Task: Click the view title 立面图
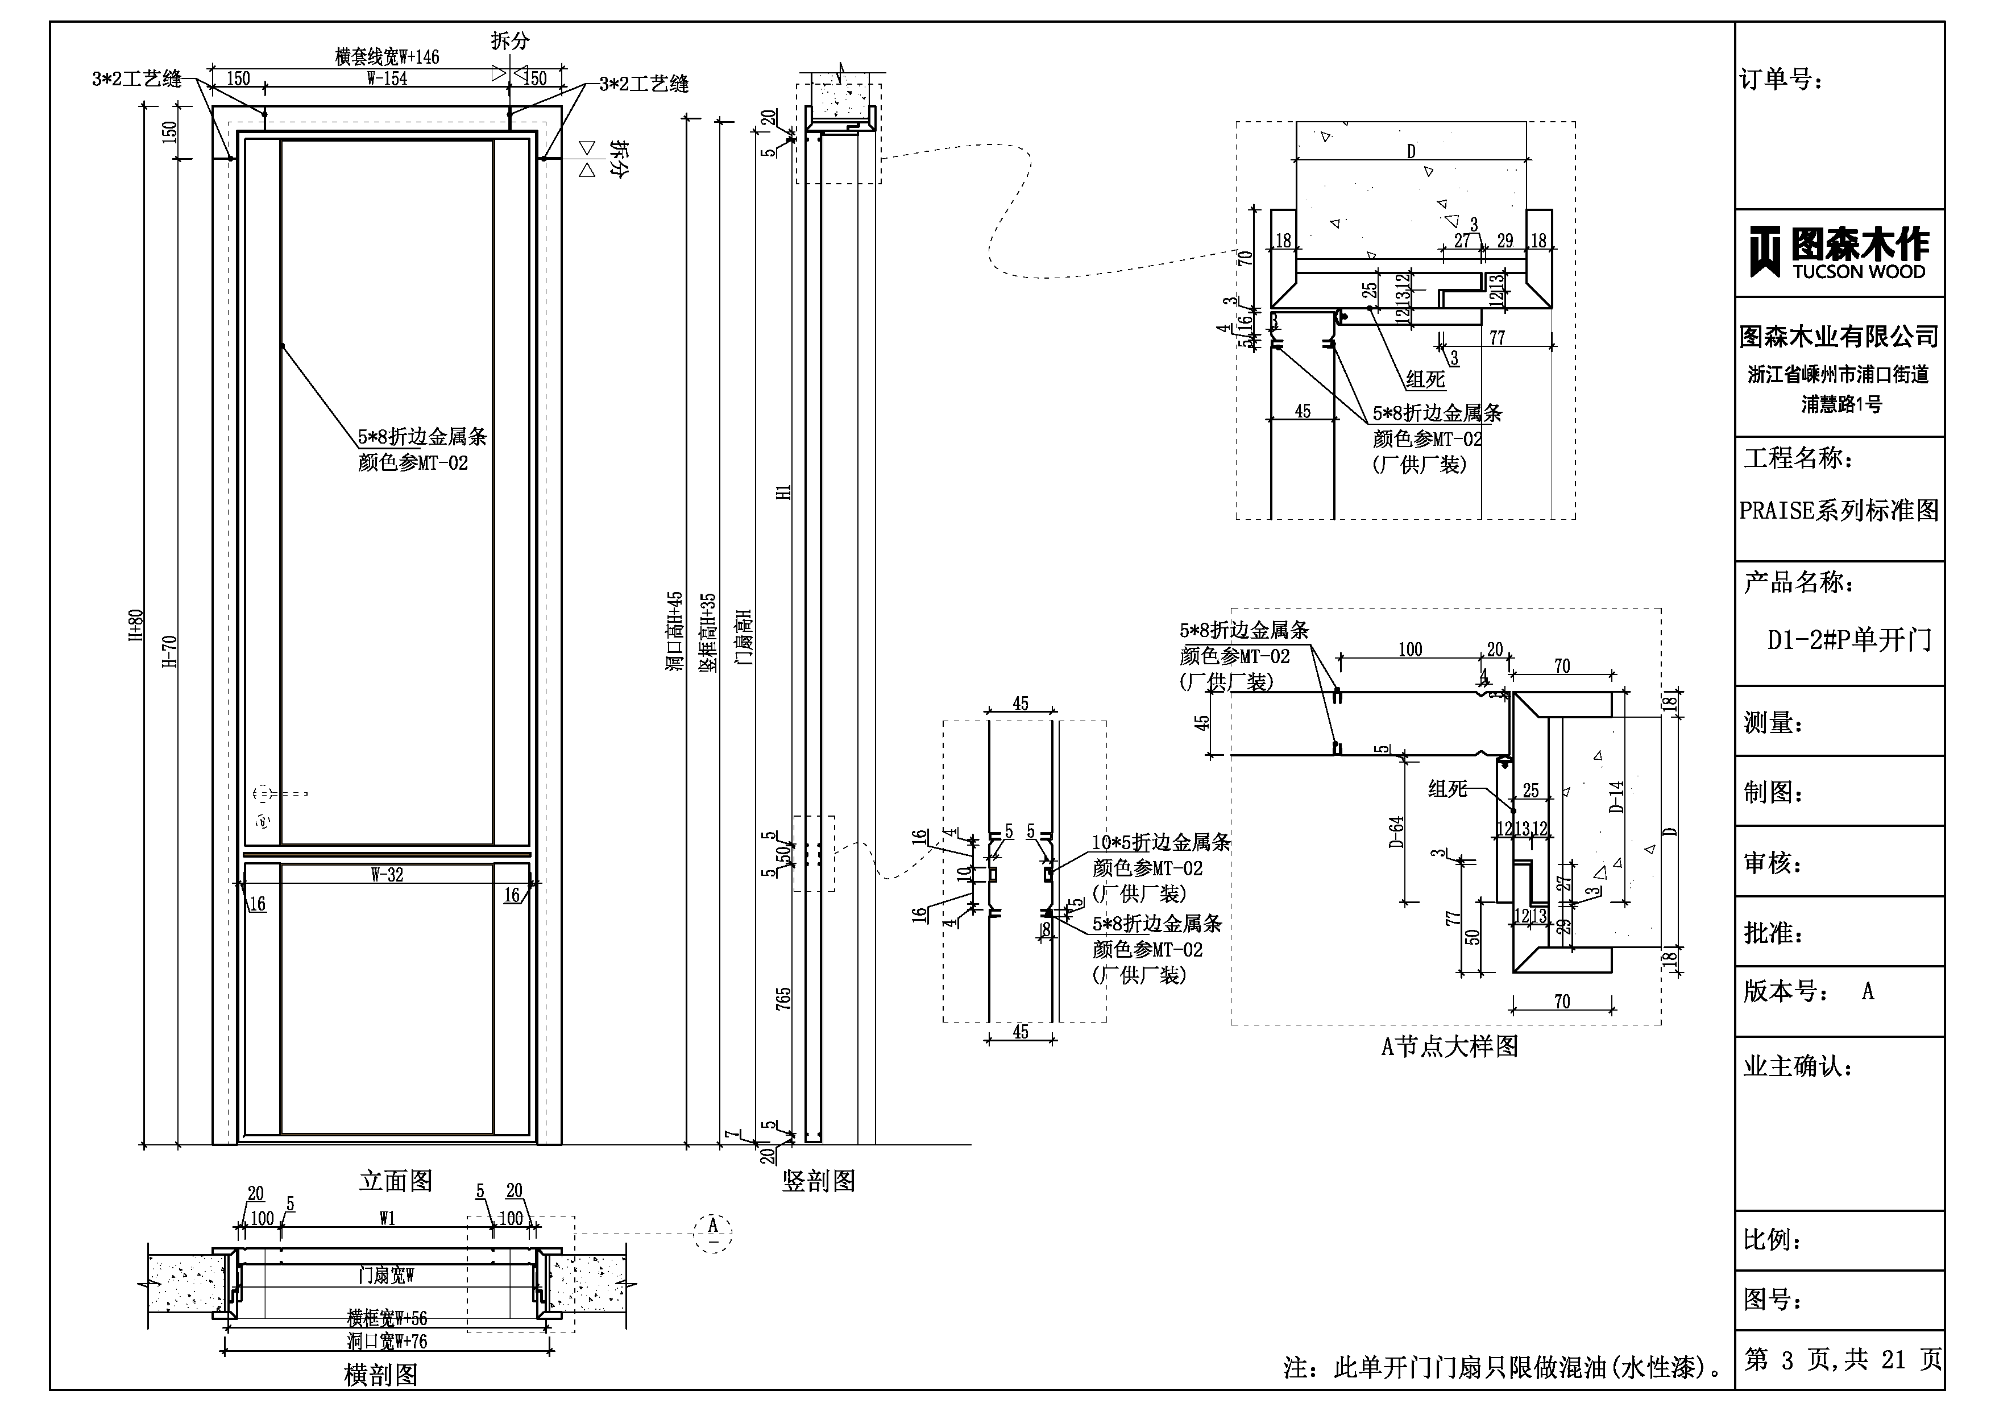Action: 395,1181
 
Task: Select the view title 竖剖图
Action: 819,1181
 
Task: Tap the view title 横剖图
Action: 380,1375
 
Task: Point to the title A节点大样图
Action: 1449,1046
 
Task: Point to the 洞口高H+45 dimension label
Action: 675,635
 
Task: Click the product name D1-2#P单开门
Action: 1849,640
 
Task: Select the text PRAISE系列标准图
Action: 1839,510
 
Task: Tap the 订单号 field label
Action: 1781,80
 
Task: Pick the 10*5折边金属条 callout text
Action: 1161,842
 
